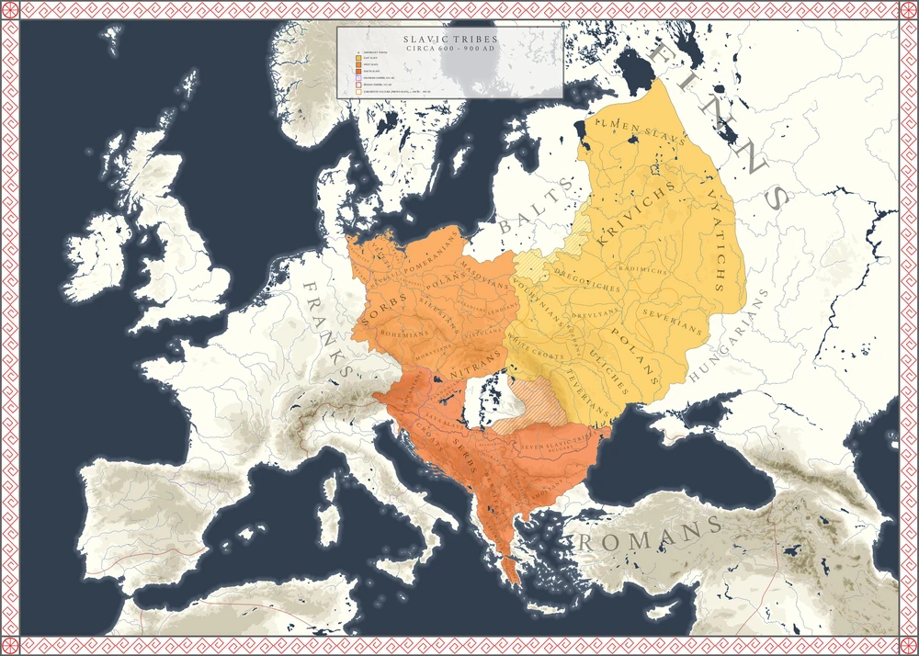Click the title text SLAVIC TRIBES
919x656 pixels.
tap(449, 40)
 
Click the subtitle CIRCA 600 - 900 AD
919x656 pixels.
tap(449, 49)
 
